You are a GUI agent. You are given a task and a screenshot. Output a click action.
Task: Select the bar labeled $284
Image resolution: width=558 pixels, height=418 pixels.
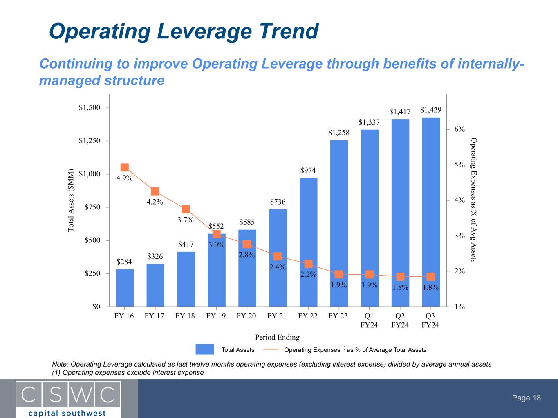(x=125, y=288)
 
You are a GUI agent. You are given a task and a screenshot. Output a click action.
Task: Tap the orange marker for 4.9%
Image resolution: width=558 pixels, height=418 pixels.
(x=125, y=167)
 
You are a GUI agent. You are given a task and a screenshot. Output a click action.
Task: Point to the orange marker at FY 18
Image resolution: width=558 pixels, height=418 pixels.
(x=186, y=209)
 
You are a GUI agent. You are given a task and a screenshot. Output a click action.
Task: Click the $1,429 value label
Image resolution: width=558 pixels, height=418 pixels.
(x=431, y=110)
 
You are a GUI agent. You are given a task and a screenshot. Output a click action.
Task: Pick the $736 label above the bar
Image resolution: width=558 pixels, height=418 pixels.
(x=278, y=202)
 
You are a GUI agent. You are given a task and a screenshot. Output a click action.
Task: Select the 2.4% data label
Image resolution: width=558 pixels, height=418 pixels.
(x=278, y=267)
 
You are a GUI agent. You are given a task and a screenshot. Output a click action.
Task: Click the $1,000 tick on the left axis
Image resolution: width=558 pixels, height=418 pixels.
(x=90, y=174)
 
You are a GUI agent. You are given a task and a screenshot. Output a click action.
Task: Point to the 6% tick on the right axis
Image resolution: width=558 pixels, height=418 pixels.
(x=460, y=129)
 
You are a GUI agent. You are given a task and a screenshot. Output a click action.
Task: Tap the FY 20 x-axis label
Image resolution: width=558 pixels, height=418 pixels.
(x=247, y=316)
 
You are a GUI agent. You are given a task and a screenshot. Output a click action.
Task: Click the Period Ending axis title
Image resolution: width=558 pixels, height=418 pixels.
(x=277, y=337)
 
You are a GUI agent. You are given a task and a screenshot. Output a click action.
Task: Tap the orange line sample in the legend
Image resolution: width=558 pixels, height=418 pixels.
(x=271, y=349)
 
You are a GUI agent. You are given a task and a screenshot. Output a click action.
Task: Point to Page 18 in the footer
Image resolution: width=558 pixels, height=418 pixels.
(x=527, y=398)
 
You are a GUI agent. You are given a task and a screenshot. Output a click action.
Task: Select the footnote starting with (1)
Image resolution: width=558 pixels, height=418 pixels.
(x=128, y=373)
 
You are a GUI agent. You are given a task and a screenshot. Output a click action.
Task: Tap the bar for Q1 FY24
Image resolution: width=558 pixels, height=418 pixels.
(x=370, y=218)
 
